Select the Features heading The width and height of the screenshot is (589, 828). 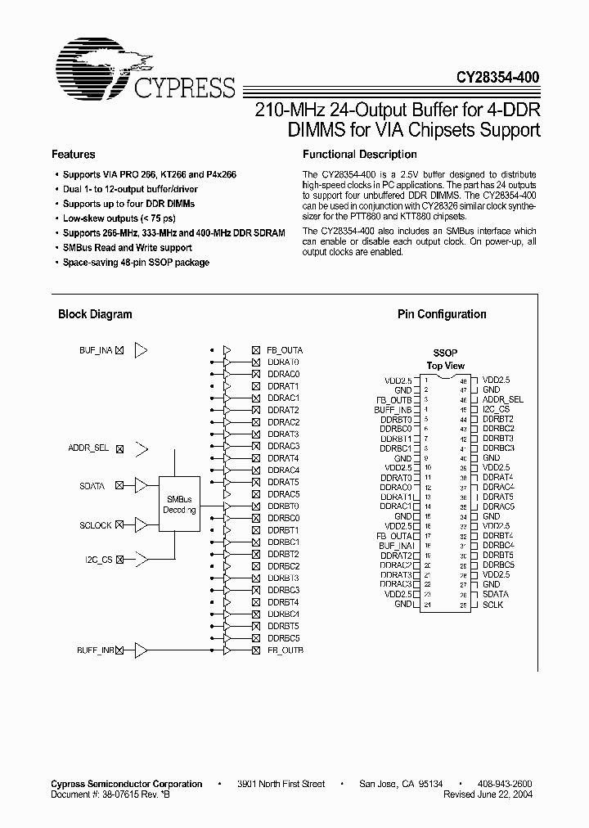(74, 154)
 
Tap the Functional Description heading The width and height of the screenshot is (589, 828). (360, 154)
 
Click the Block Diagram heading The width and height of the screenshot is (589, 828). (95, 314)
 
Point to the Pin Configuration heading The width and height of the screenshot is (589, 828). (442, 314)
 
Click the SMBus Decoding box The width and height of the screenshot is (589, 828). (179, 504)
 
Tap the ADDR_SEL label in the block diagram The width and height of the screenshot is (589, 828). (88, 448)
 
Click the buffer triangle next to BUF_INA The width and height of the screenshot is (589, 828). (142, 350)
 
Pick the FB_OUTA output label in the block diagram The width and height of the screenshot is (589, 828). (285, 350)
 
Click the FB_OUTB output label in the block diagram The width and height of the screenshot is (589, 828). (285, 650)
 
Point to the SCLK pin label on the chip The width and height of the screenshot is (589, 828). (492, 605)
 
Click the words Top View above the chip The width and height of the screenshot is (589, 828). (446, 366)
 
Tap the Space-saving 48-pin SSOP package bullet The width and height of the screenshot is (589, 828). (136, 263)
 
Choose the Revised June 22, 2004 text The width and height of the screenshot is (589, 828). (491, 794)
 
